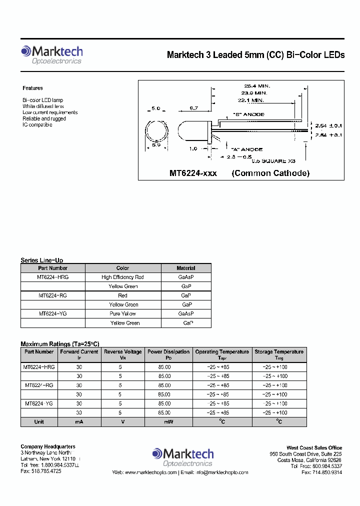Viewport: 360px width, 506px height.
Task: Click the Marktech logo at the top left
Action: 51,54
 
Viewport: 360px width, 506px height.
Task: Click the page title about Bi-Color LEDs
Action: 255,55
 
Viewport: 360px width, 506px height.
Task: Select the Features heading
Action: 32,88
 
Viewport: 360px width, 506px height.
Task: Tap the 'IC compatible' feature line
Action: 37,124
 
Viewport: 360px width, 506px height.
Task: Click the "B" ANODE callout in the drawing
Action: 248,114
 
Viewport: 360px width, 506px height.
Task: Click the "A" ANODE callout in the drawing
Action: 246,149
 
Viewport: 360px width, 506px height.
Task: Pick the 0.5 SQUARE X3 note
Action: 273,161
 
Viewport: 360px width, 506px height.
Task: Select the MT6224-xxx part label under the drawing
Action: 193,173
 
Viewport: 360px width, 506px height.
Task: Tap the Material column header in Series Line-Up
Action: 186,268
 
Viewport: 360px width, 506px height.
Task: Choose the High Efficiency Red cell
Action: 122,277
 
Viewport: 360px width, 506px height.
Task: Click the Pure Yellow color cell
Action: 122,313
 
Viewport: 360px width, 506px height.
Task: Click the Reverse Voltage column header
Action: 123,352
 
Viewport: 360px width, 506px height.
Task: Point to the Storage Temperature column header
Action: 279,352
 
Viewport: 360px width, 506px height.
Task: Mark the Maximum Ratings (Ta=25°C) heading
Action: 60,344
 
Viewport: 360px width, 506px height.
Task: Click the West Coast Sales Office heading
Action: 314,447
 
